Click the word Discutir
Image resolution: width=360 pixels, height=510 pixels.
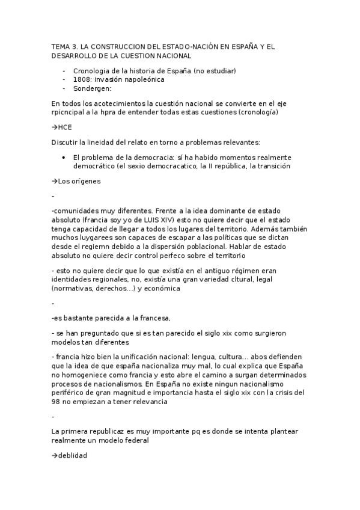[x=66, y=143]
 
